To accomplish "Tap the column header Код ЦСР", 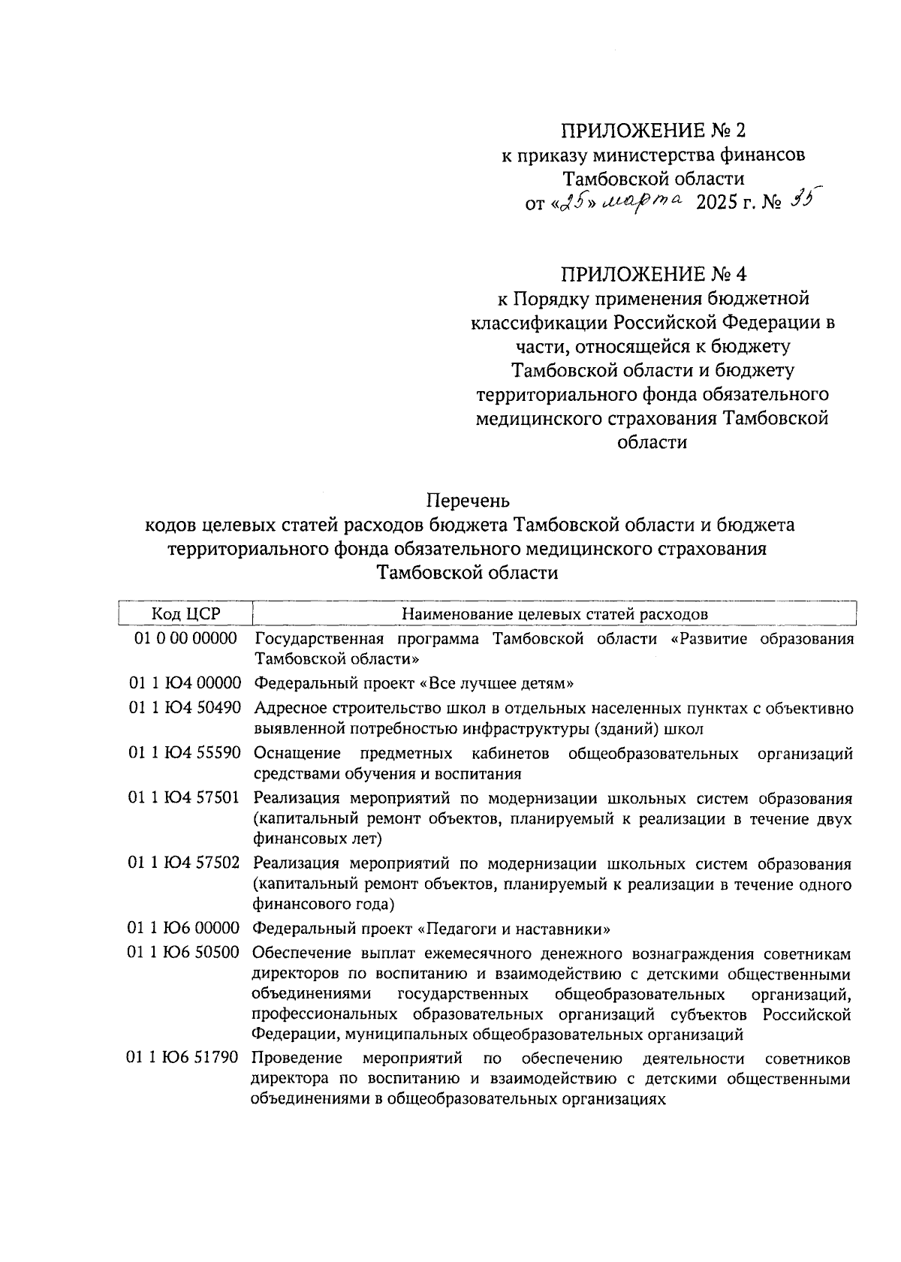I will click(185, 613).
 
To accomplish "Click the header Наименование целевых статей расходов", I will click(554, 613).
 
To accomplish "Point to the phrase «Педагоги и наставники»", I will click(514, 929).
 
